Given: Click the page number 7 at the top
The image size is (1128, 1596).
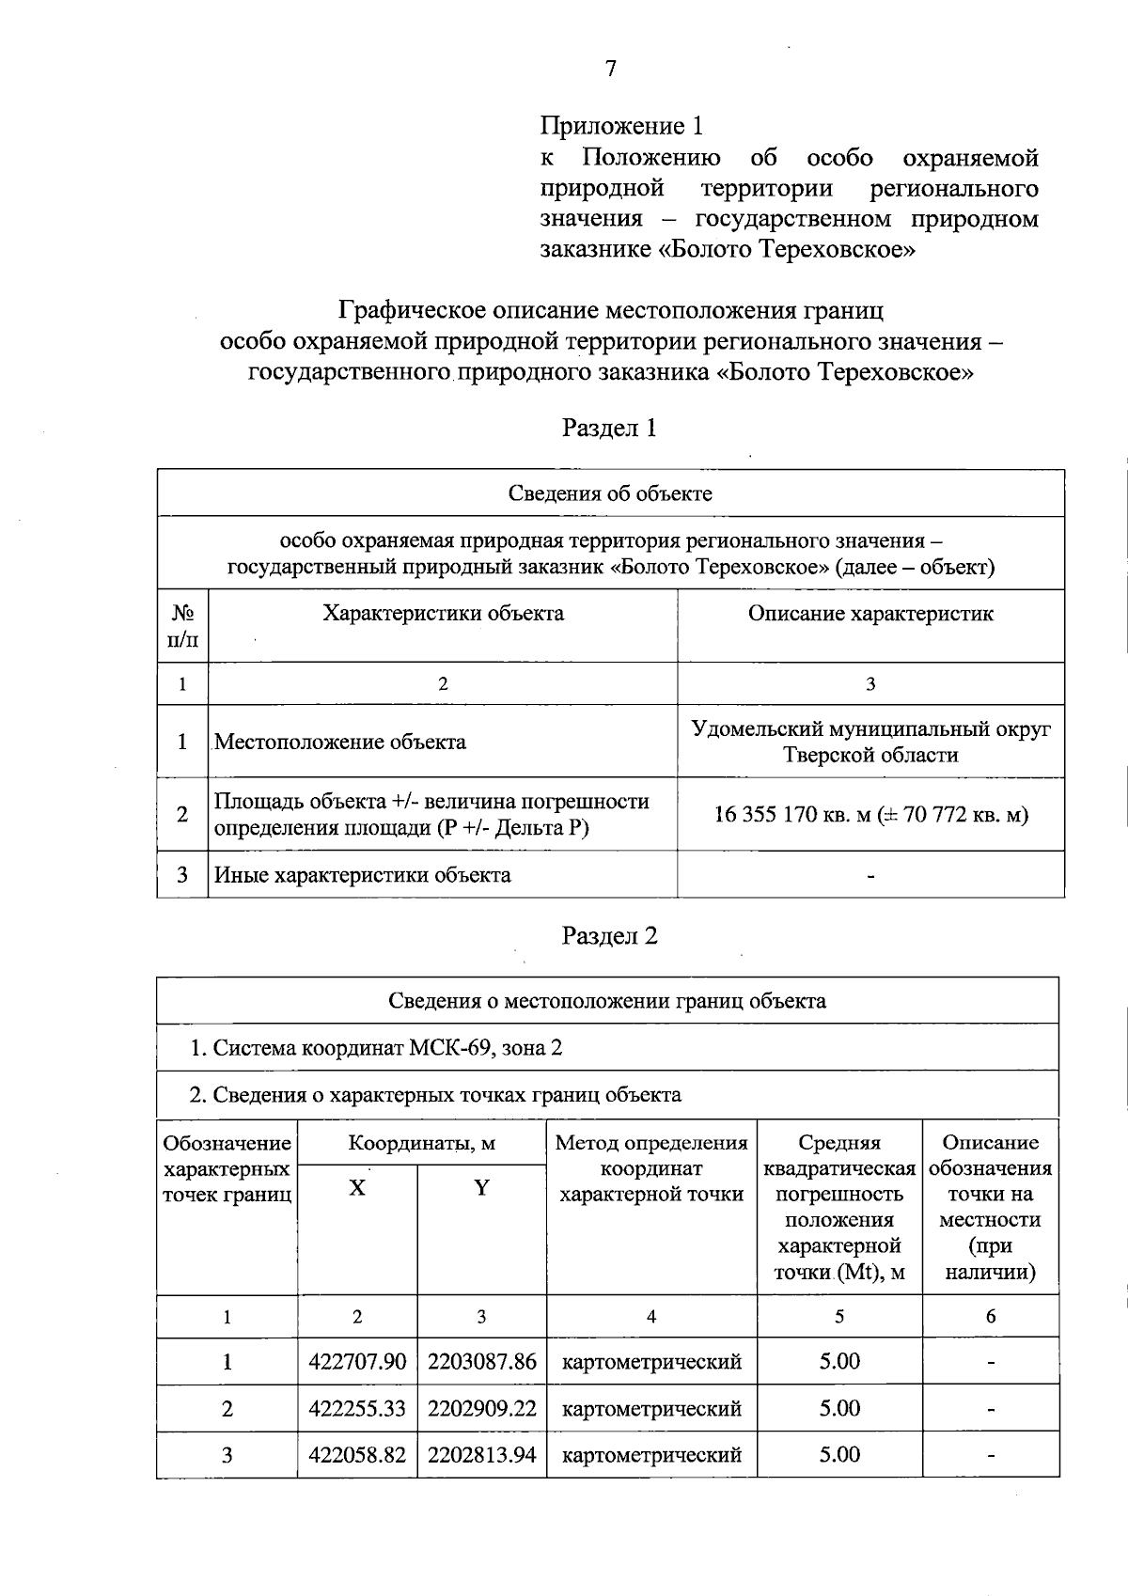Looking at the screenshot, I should (x=610, y=69).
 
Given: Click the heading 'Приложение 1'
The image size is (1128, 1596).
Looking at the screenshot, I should (x=621, y=126).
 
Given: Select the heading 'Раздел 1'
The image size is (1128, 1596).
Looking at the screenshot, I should (x=609, y=429).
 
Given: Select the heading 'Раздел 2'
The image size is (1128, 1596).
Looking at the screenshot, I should (x=609, y=936).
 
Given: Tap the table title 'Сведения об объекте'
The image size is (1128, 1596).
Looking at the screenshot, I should (x=610, y=493).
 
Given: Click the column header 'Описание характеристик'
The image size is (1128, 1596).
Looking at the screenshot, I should (x=870, y=614).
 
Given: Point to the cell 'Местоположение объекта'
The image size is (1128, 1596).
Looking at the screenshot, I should (x=340, y=742).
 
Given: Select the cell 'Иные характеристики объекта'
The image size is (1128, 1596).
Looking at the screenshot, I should (x=363, y=875).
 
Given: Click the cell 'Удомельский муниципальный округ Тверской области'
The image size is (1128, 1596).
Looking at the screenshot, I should (x=870, y=742).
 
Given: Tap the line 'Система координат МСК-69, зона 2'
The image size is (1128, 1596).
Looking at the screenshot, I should (x=376, y=1048).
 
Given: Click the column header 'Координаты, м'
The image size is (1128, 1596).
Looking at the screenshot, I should (x=421, y=1144).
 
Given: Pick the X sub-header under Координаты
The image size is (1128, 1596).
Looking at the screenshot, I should (x=357, y=1188).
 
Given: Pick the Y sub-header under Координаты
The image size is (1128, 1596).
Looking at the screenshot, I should (x=481, y=1188).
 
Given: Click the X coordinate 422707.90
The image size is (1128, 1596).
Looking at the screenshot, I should (x=357, y=1362).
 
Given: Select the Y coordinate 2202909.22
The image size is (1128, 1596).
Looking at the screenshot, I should (x=481, y=1408).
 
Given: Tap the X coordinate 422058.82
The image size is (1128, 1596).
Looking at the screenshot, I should (x=357, y=1455).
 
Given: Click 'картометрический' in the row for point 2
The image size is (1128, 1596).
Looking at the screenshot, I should (x=651, y=1408).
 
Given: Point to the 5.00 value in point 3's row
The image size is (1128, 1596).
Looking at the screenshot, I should (x=839, y=1455).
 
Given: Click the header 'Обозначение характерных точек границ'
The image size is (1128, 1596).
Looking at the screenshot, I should (x=227, y=1169).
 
